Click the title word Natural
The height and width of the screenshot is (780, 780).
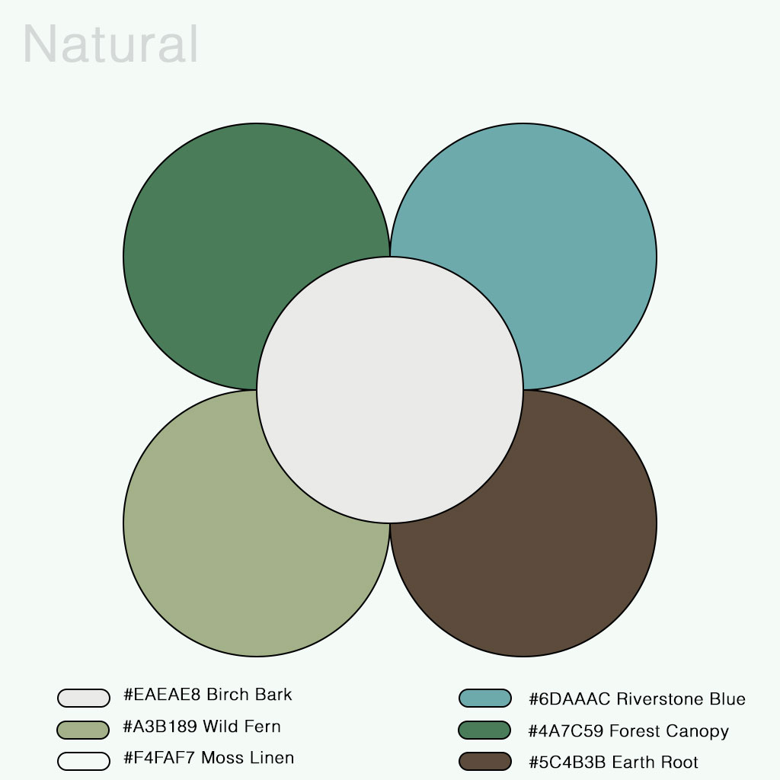click(111, 44)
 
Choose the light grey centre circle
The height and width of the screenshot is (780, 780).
click(390, 390)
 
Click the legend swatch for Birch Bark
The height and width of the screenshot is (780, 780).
click(84, 698)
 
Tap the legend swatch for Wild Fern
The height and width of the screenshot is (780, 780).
click(84, 730)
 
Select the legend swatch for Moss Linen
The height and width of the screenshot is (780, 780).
click(84, 761)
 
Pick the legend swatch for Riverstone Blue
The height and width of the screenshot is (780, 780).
click(484, 698)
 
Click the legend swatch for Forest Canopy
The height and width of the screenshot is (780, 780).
click(484, 730)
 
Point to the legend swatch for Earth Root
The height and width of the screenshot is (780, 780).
click(484, 761)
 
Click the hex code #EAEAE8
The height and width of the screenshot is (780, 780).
click(162, 695)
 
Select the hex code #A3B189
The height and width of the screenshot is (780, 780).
click(161, 727)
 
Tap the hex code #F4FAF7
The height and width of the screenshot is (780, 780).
click(159, 758)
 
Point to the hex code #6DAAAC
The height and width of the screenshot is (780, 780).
click(569, 699)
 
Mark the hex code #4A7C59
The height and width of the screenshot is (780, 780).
click(566, 731)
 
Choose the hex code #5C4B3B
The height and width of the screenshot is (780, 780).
click(567, 762)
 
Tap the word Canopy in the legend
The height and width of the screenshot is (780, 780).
click(697, 732)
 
